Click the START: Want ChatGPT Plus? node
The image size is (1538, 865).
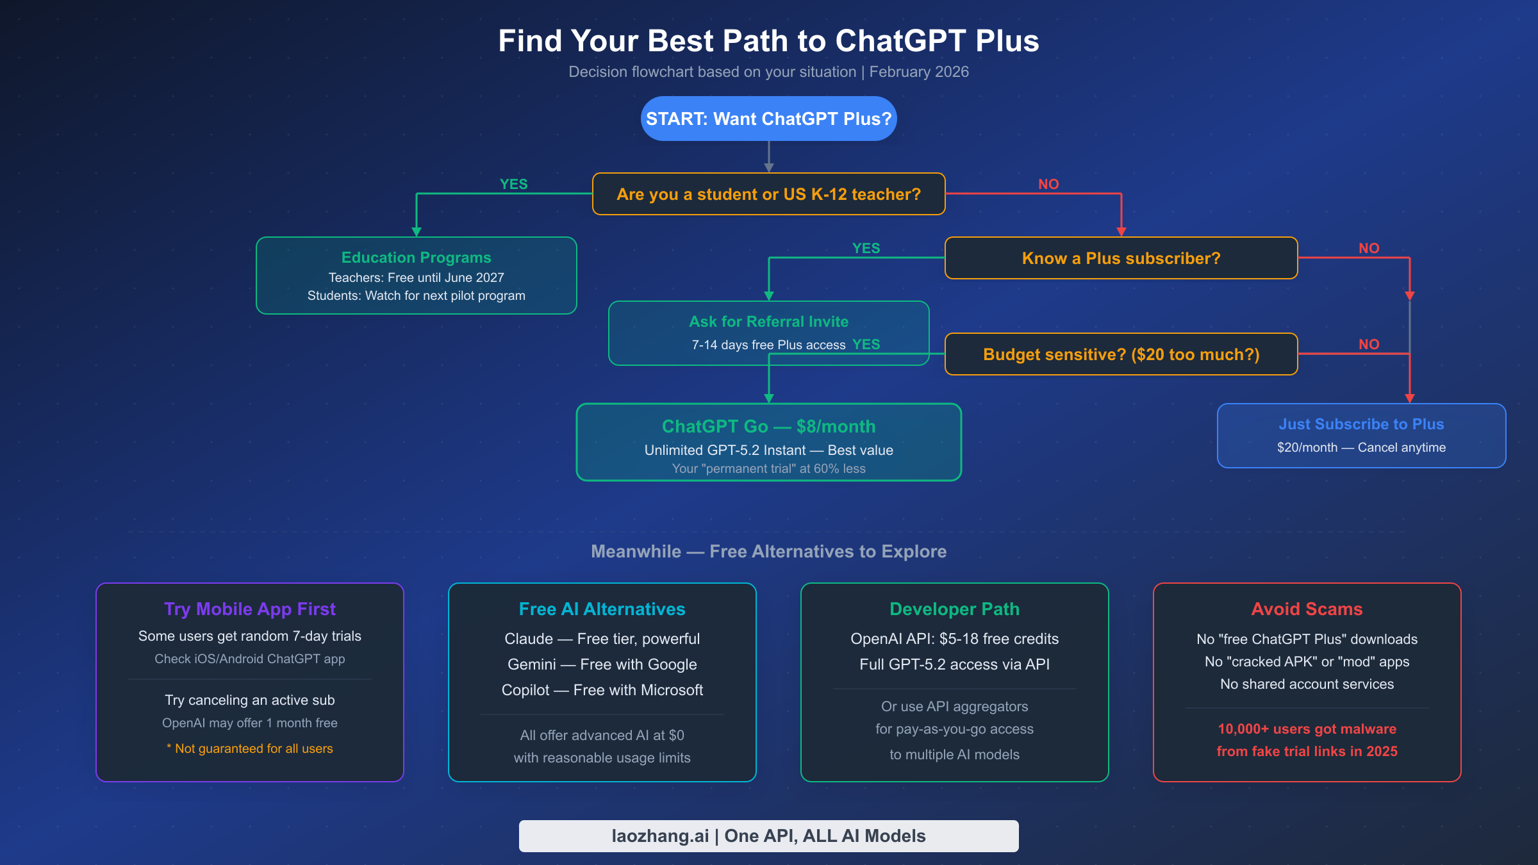[x=768, y=119]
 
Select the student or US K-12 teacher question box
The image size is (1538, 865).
[x=768, y=194]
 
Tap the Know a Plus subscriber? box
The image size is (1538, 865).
[x=1121, y=258]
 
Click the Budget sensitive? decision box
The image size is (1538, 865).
[x=1121, y=354]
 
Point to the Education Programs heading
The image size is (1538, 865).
[x=416, y=258]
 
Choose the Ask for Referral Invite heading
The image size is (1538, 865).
[x=768, y=322]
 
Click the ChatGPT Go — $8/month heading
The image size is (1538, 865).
[x=768, y=427]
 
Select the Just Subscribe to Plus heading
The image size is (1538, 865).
[x=1361, y=424]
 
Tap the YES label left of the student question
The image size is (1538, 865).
[x=513, y=185]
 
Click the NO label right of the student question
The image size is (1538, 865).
[x=1048, y=185]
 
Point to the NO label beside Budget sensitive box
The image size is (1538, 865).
[x=1369, y=345]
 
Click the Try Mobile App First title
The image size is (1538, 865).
[x=250, y=609]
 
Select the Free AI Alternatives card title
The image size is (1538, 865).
[x=602, y=609]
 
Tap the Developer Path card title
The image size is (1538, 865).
[x=954, y=609]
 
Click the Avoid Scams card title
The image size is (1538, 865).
[x=1307, y=609]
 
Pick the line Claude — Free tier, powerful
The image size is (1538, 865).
[x=602, y=639]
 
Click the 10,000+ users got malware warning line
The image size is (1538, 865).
[x=1307, y=729]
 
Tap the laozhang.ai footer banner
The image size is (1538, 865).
[x=768, y=836]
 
